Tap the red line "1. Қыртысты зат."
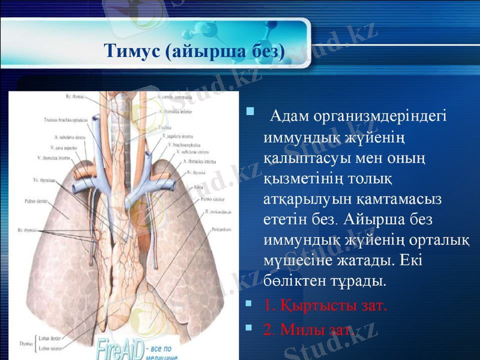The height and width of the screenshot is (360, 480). click(323, 305)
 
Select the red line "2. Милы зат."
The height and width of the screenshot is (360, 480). click(305, 329)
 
